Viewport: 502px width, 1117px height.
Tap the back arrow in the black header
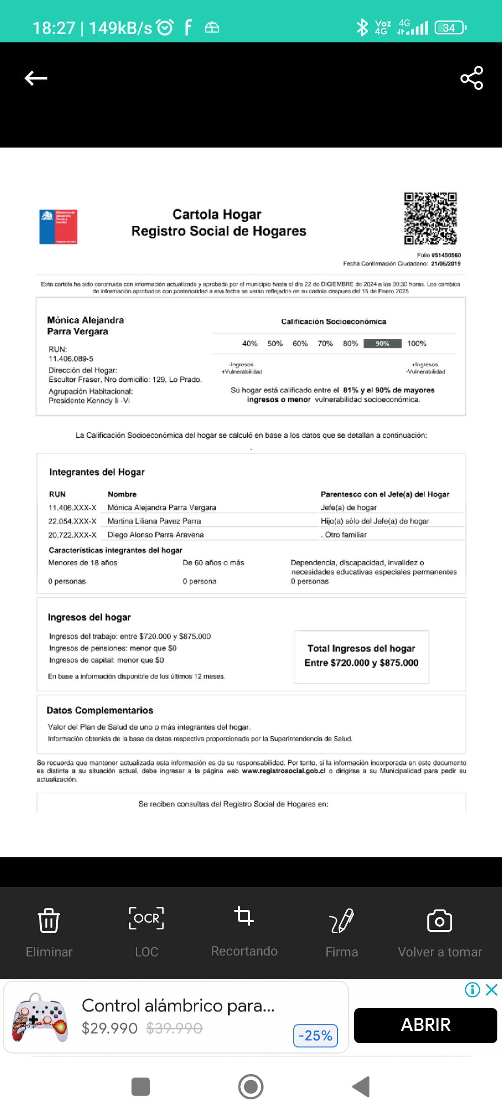[x=36, y=78]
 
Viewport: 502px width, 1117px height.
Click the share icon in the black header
[x=471, y=78]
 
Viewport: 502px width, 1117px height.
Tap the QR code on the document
[x=430, y=218]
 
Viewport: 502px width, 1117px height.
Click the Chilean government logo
[x=58, y=227]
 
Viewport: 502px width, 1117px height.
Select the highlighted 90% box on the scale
[x=382, y=343]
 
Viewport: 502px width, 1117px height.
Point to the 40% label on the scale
[x=250, y=343]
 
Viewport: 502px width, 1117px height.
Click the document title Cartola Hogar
[x=217, y=214]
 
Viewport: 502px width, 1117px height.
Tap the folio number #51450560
[x=446, y=255]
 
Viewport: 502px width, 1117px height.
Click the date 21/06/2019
[x=446, y=263]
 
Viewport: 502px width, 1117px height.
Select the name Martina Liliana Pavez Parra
[x=154, y=521]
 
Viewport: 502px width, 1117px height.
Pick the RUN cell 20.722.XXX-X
[x=72, y=535]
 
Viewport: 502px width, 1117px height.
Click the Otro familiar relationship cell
[x=345, y=535]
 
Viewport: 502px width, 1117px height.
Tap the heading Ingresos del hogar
[x=89, y=617]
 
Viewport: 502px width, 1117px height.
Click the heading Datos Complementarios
[x=100, y=710]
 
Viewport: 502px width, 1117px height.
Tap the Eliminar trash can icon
[x=49, y=920]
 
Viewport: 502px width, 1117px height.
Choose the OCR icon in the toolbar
[x=146, y=918]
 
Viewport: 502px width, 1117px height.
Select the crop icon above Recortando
[x=244, y=916]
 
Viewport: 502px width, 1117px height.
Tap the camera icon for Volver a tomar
[x=439, y=921]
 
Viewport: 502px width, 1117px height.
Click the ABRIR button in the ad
[x=425, y=1025]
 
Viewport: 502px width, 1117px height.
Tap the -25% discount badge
[x=316, y=1036]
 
